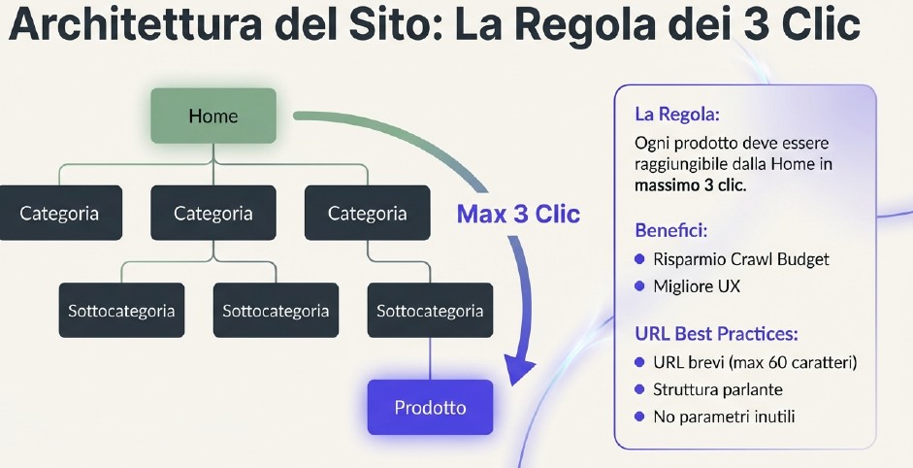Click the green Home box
pyautogui.click(x=213, y=117)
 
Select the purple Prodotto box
pyautogui.click(x=430, y=407)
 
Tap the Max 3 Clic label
pyautogui.click(x=518, y=214)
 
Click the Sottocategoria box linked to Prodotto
pyautogui.click(x=430, y=311)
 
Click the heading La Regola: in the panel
pyautogui.click(x=677, y=115)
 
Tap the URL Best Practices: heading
pyautogui.click(x=716, y=334)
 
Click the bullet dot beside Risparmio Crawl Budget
pyautogui.click(x=639, y=259)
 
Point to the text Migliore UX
pyautogui.click(x=698, y=286)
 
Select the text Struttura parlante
pyautogui.click(x=718, y=389)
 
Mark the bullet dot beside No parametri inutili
pyautogui.click(x=639, y=417)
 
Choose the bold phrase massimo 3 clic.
pyautogui.click(x=691, y=185)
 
